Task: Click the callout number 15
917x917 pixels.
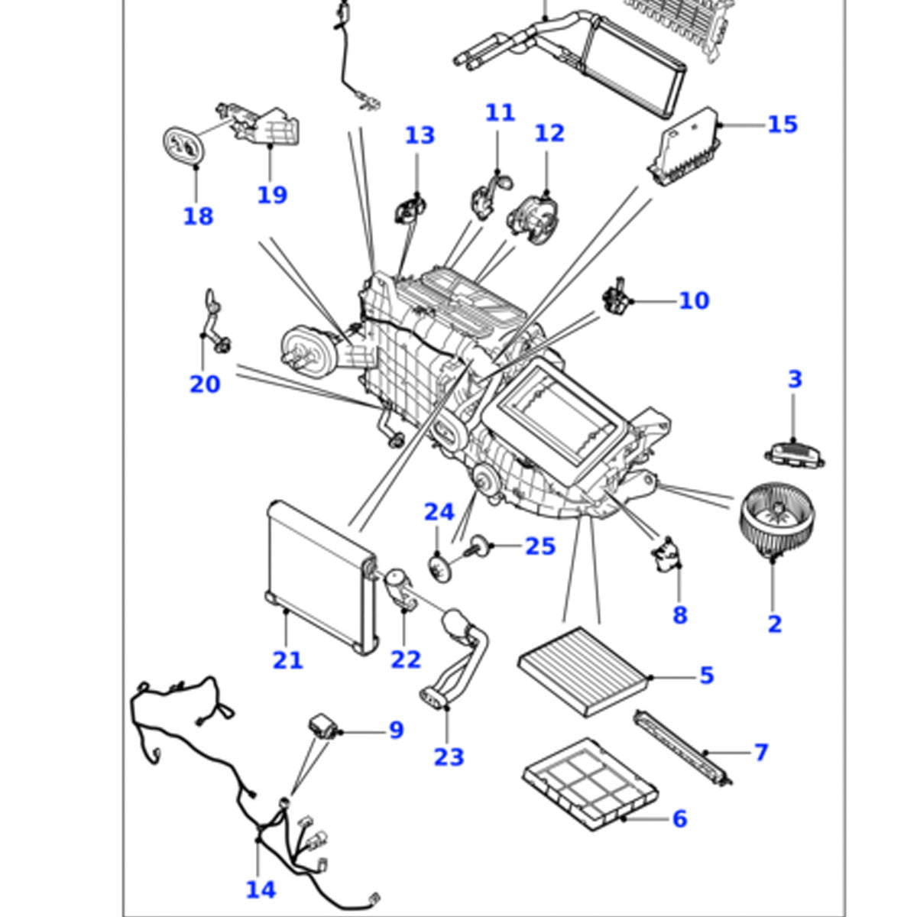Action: coord(782,124)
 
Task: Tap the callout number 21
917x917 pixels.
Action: coord(287,659)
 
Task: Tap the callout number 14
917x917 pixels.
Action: coord(260,889)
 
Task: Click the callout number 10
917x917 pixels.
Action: coord(694,300)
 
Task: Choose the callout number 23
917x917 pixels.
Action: coord(449,757)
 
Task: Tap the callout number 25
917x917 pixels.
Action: coord(540,546)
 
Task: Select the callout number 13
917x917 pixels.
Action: coord(420,135)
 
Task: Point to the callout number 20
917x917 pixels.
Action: coord(204,384)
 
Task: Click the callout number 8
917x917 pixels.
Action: coord(679,614)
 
